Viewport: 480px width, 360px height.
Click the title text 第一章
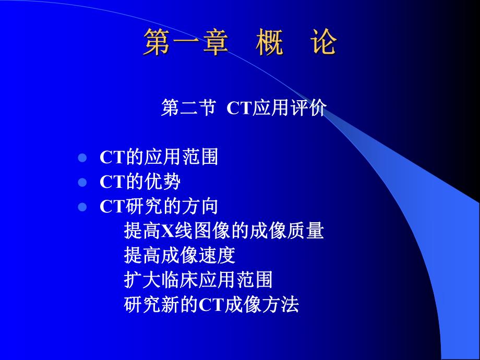click(185, 42)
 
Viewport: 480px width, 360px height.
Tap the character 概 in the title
click(270, 42)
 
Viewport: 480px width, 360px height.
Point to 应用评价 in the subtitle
click(290, 108)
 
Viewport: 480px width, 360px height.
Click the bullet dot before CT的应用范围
click(81, 158)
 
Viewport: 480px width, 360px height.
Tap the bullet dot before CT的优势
click(81, 183)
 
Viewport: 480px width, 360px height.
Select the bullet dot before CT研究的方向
click(81, 207)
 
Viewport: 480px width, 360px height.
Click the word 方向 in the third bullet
click(205, 207)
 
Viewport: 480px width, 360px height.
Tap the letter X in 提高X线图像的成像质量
click(166, 230)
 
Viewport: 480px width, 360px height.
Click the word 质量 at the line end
click(311, 230)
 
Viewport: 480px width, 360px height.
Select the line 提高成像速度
click(180, 255)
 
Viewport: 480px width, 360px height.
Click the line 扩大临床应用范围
click(199, 280)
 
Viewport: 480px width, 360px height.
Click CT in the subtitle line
click(239, 108)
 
